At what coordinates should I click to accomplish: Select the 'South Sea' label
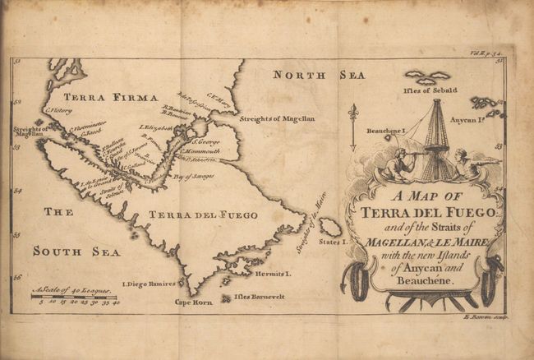[x=76, y=251]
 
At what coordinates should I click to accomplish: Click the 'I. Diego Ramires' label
[x=149, y=284]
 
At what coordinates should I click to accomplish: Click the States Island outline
[x=330, y=228]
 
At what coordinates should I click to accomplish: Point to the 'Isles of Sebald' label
[x=426, y=90]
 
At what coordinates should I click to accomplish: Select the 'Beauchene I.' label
[x=387, y=131]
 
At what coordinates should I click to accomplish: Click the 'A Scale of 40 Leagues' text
[x=75, y=291]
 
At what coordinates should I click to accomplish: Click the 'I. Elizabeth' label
[x=156, y=127]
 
